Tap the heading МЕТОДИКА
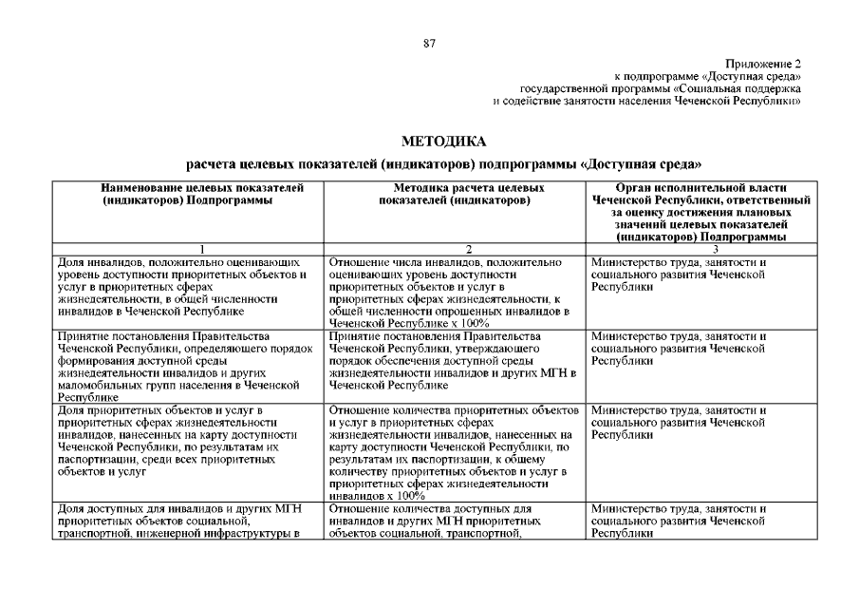(x=429, y=142)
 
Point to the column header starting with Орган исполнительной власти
(x=700, y=213)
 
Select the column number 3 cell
(x=700, y=249)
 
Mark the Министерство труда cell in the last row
(x=700, y=522)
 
